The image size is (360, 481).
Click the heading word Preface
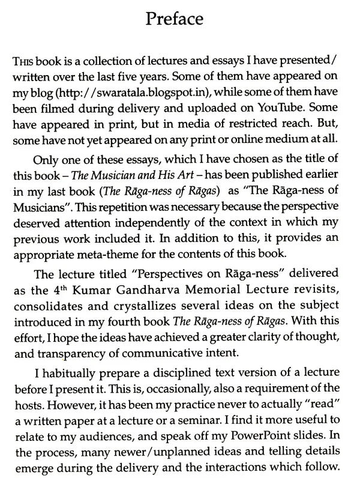click(179, 18)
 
